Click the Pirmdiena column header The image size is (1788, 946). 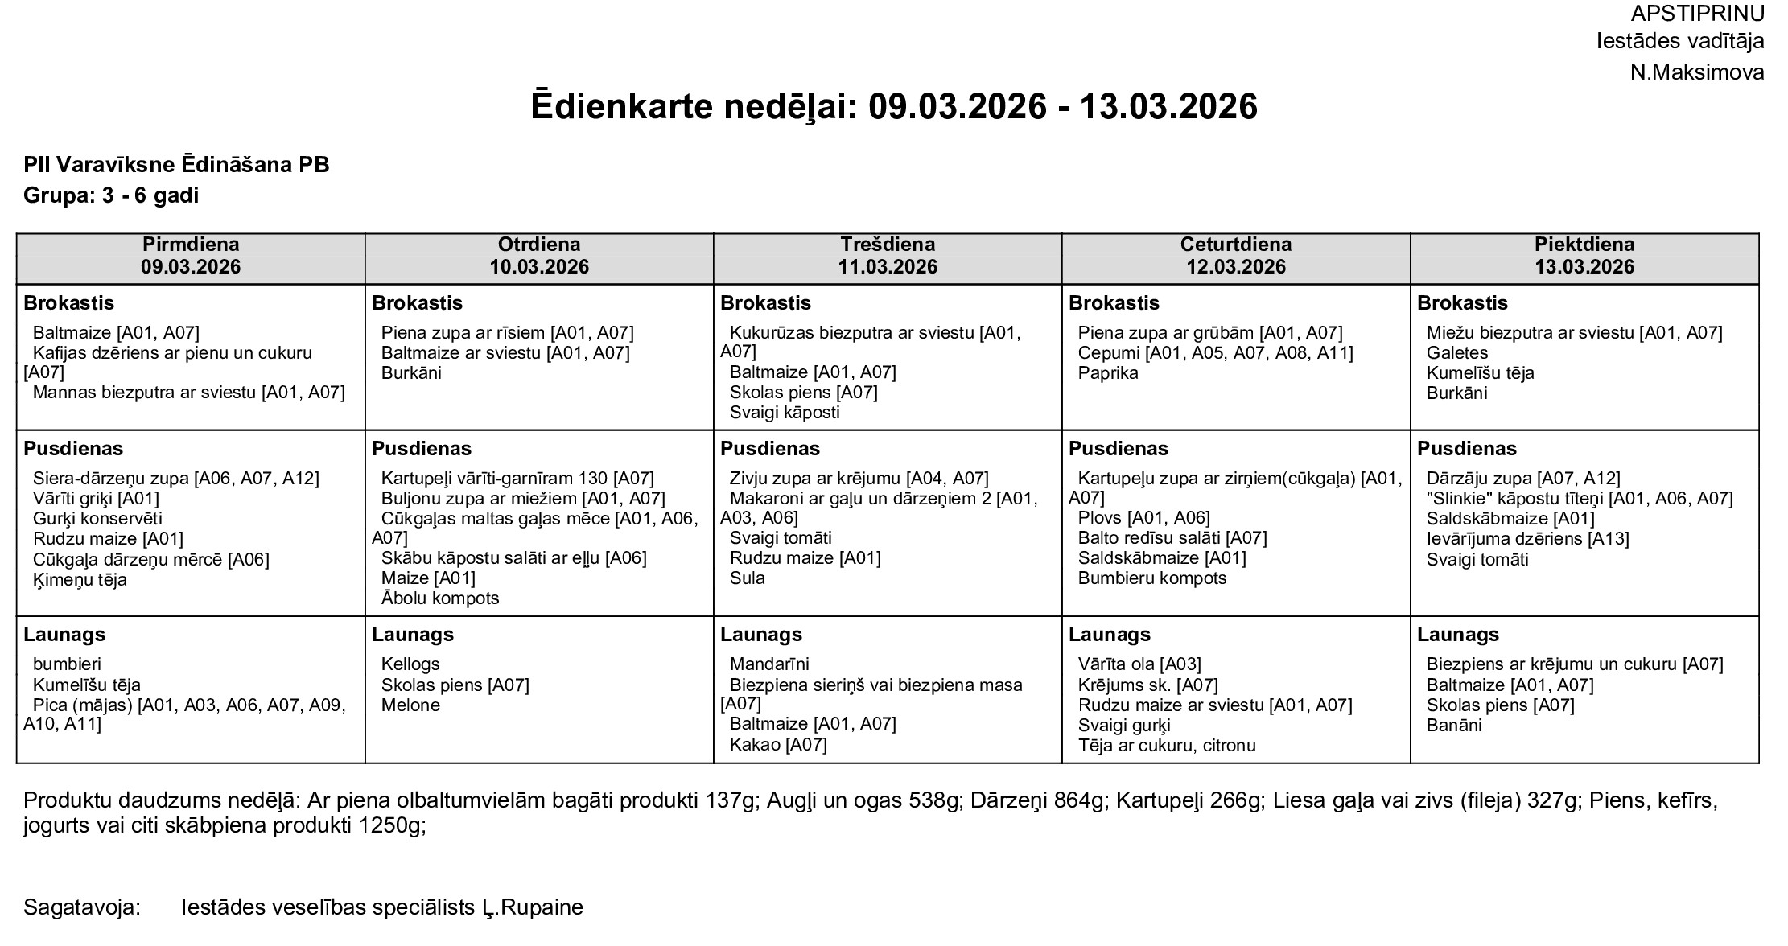[191, 245]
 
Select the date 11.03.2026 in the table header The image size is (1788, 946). [888, 267]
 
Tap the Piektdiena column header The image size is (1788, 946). [1584, 245]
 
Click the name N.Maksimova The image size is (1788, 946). [1696, 72]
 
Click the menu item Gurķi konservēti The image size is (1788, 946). [97, 519]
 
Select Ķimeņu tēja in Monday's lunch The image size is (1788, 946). [80, 580]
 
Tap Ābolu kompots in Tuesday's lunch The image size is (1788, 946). [439, 598]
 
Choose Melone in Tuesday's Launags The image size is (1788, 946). [410, 705]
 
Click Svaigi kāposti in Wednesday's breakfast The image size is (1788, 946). [784, 413]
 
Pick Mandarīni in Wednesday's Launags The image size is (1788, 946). [769, 664]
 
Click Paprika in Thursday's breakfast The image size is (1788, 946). [1108, 373]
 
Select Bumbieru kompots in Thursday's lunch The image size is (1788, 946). [1151, 578]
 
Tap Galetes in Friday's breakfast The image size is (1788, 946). [1456, 353]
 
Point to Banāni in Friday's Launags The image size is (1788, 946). [1453, 726]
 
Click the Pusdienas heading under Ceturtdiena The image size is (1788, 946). [1118, 449]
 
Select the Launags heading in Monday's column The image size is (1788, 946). [64, 635]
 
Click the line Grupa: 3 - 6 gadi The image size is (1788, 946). [111, 195]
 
